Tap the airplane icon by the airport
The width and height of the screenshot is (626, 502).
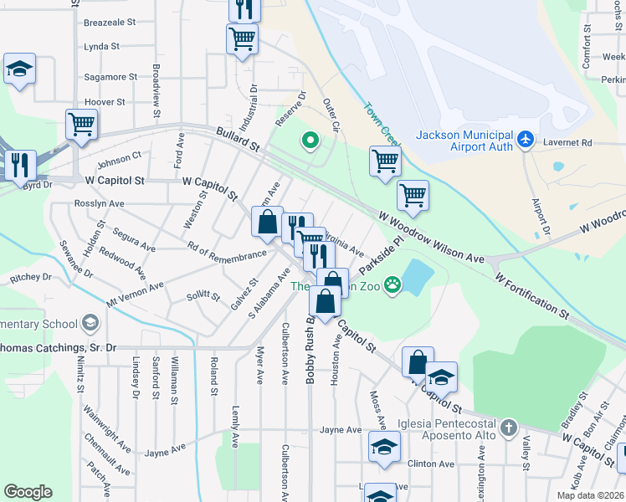(526, 138)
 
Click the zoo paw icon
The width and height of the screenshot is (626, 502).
(392, 286)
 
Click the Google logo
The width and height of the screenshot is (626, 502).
(28, 492)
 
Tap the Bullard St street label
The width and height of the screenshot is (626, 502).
(238, 139)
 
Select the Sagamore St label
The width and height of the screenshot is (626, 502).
(110, 77)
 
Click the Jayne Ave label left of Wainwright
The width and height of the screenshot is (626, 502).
(165, 451)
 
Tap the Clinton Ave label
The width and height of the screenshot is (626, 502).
(430, 464)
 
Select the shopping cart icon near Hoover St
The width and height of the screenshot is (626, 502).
(82, 125)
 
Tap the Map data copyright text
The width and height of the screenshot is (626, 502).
(589, 495)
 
